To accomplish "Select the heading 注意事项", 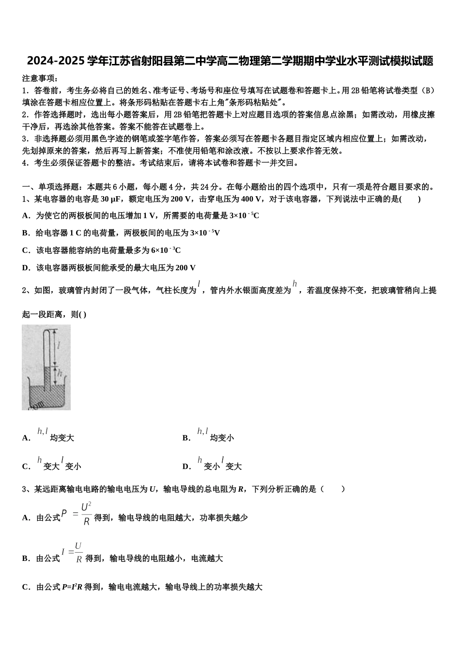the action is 40,78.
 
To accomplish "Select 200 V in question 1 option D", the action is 185,268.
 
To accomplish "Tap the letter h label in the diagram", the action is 60,373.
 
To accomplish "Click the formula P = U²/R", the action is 77,515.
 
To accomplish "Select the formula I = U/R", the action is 72,553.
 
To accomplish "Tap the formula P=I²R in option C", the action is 72,588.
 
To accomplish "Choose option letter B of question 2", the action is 186,438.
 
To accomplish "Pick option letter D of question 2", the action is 186,467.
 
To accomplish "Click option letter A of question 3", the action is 26,518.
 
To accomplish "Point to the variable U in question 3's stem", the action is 153,489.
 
